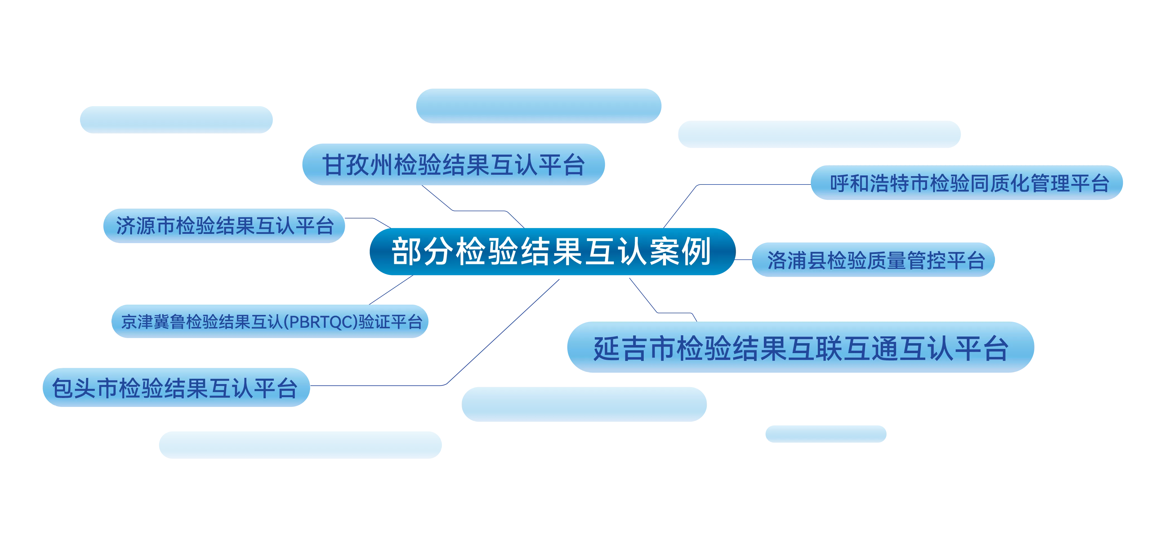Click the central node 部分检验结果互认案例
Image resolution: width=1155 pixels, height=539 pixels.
pyautogui.click(x=552, y=251)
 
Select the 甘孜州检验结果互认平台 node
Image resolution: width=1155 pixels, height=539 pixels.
pyautogui.click(x=453, y=164)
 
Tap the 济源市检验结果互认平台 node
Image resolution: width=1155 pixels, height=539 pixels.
pyautogui.click(x=224, y=226)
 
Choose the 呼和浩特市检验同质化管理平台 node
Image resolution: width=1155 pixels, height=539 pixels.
pyautogui.click(x=967, y=183)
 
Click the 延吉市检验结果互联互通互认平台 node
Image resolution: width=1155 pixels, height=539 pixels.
pyautogui.click(x=801, y=347)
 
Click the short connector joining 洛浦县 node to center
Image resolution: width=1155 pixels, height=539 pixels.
pyautogui.click(x=744, y=259)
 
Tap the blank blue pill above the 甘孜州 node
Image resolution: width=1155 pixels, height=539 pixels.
pyautogui.click(x=539, y=106)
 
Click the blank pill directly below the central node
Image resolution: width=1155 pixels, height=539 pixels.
pyautogui.click(x=584, y=404)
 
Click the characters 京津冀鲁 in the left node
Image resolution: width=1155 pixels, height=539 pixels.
pyautogui.click(x=153, y=322)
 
